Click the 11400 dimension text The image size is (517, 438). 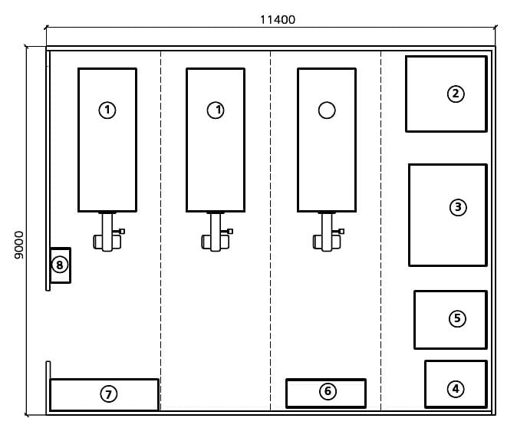click(277, 20)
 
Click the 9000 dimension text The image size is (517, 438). click(19, 245)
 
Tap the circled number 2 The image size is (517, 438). click(456, 94)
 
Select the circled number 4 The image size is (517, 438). click(456, 389)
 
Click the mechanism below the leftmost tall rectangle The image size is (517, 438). click(107, 233)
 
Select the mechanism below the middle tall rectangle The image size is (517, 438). click(216, 233)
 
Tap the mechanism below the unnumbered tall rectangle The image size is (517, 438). click(327, 233)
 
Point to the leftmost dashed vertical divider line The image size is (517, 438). click(160, 230)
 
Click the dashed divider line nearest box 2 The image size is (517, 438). click(381, 230)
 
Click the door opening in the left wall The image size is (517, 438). click(48, 325)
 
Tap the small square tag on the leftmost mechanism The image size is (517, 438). click(121, 231)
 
